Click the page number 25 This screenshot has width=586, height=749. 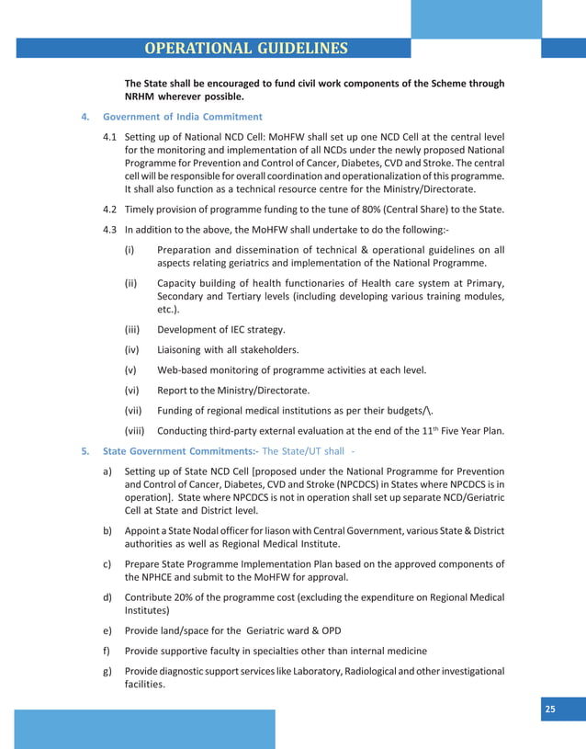(x=550, y=708)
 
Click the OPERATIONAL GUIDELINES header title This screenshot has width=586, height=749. (x=246, y=48)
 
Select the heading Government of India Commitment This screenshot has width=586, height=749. (x=183, y=117)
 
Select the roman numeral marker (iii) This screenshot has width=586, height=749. (x=132, y=329)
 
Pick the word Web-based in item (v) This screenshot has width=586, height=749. (x=184, y=369)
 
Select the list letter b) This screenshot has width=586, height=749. (x=107, y=530)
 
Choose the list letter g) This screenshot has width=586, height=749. (x=107, y=671)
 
